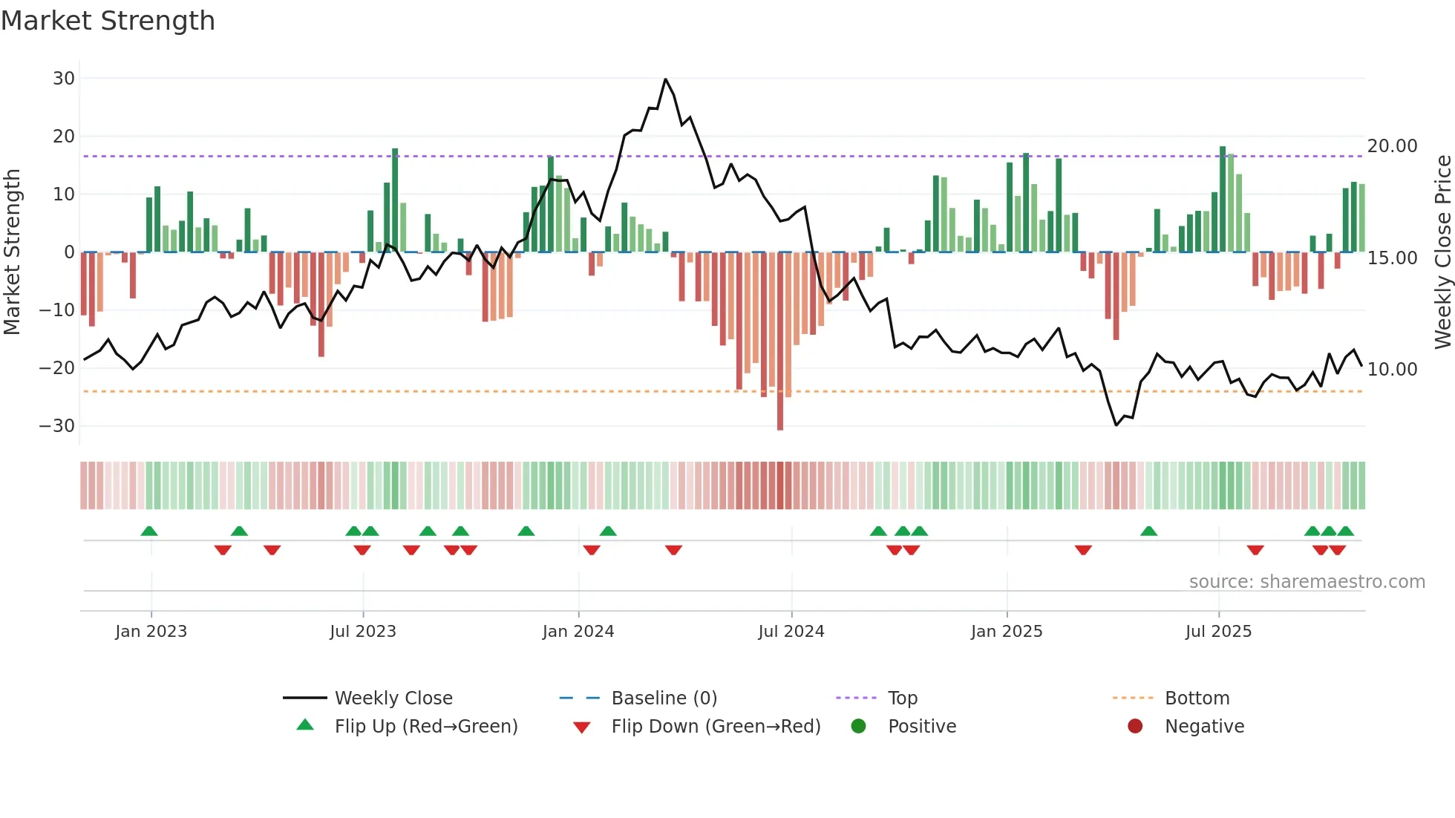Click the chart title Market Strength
click(x=108, y=21)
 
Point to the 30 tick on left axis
click(x=64, y=79)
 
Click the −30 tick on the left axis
click(x=57, y=426)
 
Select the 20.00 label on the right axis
click(x=1392, y=146)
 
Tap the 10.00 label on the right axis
click(x=1392, y=370)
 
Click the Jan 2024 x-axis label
click(x=578, y=632)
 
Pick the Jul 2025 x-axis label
click(x=1218, y=632)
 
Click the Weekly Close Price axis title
click(x=1442, y=252)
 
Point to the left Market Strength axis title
click(x=13, y=252)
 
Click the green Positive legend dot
click(x=859, y=727)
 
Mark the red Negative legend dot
click(x=1135, y=727)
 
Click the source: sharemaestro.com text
click(x=1307, y=582)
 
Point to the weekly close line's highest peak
click(x=665, y=79)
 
